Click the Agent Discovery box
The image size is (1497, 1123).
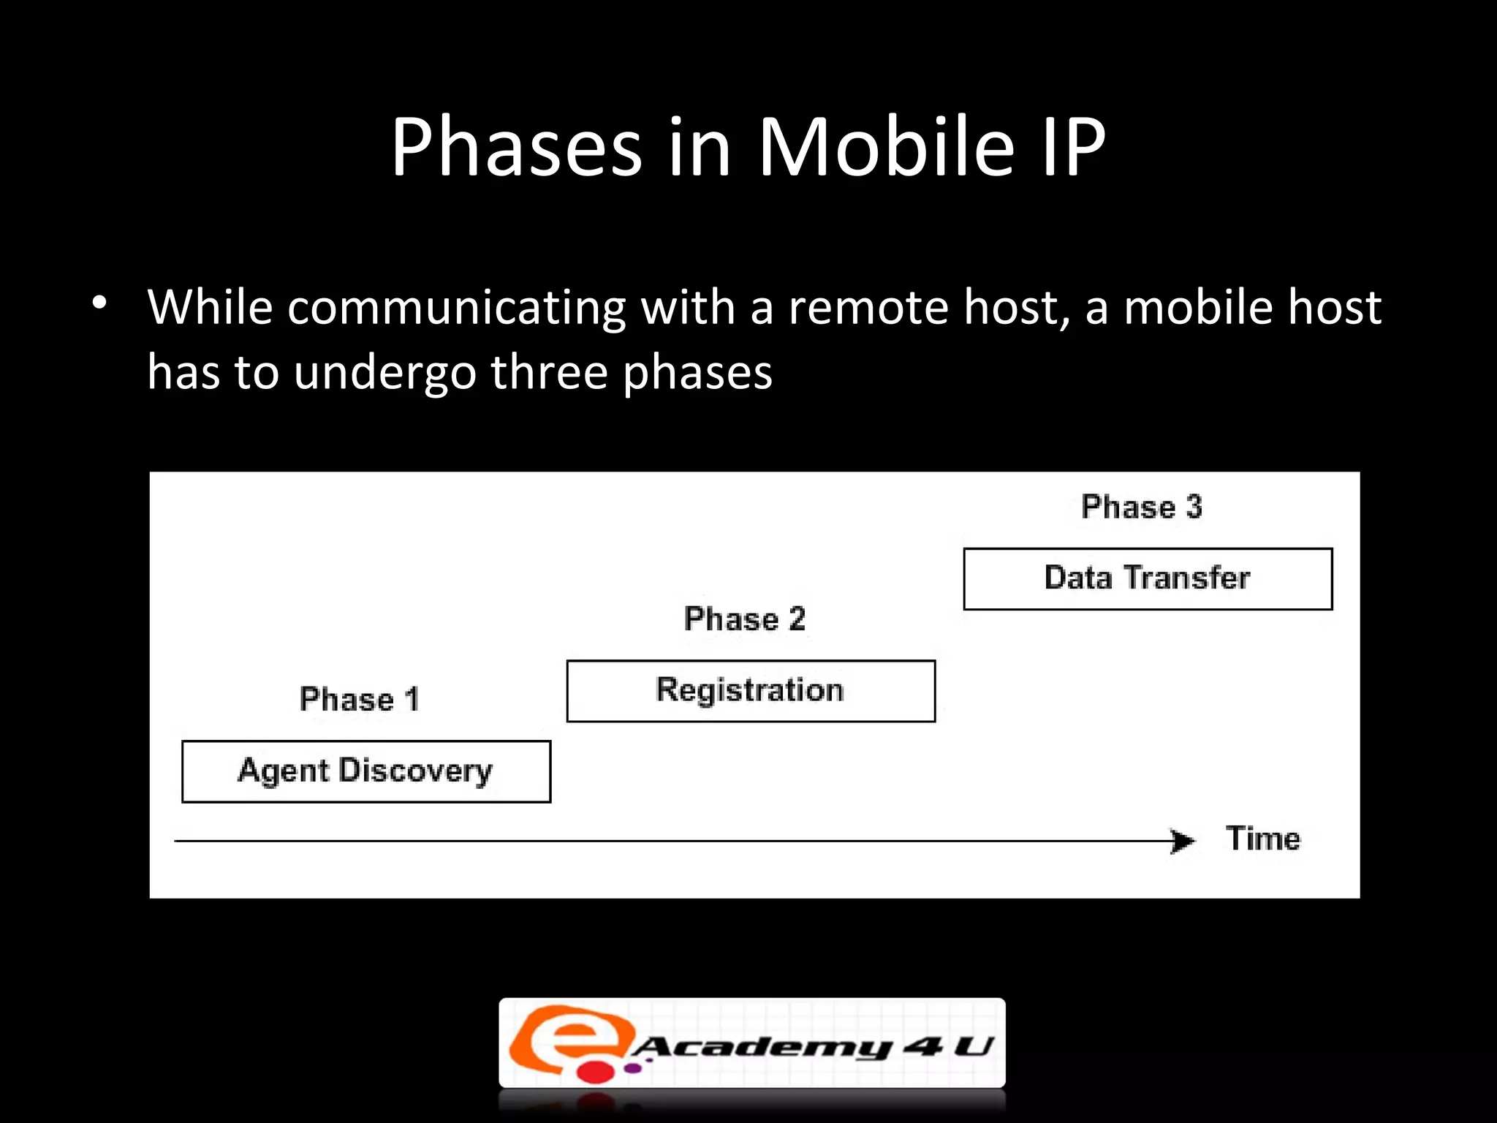tap(365, 771)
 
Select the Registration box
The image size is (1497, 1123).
tap(751, 691)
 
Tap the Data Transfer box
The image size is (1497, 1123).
tap(1148, 578)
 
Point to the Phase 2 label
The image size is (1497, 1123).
tap(745, 619)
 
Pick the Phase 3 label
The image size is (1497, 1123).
tap(1142, 507)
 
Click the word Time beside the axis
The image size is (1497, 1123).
tap(1263, 839)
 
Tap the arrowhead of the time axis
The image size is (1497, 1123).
tap(1183, 841)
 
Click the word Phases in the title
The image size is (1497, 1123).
tap(516, 148)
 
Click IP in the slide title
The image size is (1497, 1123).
tap(1073, 148)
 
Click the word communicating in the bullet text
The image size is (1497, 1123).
tap(456, 307)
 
